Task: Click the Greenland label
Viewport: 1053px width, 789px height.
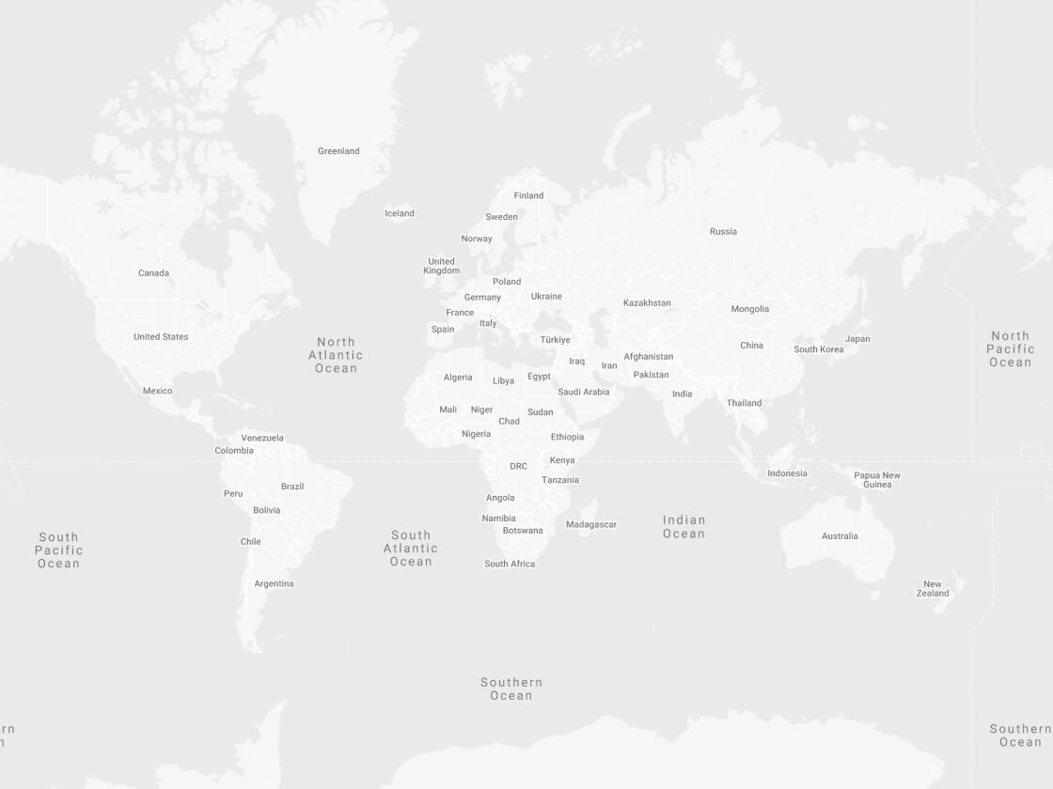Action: (338, 151)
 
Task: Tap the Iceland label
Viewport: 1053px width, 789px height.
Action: (400, 213)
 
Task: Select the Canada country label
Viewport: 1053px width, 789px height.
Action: (153, 273)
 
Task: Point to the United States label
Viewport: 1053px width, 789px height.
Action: (161, 336)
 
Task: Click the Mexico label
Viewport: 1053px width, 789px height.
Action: (158, 391)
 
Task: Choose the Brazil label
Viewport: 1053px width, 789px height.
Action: (292, 487)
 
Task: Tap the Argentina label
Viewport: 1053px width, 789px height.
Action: (274, 583)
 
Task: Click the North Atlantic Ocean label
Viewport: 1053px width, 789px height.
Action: (336, 355)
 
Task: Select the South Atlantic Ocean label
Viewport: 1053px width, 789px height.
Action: (411, 549)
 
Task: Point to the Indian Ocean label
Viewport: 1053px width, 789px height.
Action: (684, 527)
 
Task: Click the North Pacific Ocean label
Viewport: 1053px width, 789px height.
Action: (1010, 348)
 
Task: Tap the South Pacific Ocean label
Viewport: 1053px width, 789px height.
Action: (59, 550)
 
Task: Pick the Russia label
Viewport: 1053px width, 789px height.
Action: (723, 231)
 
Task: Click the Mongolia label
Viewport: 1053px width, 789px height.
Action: (749, 309)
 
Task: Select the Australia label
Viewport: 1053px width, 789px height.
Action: (840, 536)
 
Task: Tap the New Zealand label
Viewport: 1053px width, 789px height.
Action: (933, 589)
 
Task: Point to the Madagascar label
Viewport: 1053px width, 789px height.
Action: (591, 524)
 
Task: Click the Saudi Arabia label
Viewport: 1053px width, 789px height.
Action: (583, 392)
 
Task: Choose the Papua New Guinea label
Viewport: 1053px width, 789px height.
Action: (877, 480)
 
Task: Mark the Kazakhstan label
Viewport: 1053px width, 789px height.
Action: (647, 302)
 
